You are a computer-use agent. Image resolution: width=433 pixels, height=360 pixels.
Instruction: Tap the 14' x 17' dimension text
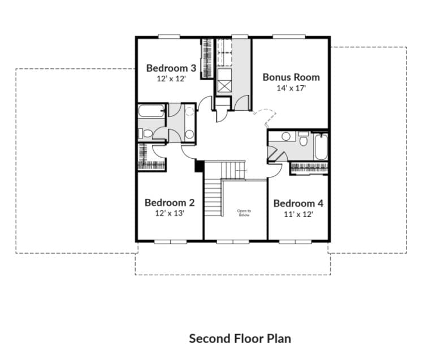click(x=291, y=88)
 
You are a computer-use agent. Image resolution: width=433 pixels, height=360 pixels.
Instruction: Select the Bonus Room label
click(x=291, y=77)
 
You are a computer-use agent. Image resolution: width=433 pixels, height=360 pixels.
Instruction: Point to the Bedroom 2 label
click(x=170, y=202)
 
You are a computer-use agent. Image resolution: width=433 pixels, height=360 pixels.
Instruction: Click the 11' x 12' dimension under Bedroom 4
click(x=298, y=214)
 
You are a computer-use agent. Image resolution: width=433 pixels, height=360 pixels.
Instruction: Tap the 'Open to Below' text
click(x=244, y=212)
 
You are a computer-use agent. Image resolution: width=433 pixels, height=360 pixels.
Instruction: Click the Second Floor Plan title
click(x=240, y=339)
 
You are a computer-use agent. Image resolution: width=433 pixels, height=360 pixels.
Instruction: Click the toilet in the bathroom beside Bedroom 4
click(x=304, y=138)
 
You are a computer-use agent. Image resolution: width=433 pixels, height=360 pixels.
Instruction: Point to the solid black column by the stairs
click(x=199, y=166)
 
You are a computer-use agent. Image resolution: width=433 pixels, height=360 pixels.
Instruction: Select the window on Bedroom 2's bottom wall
click(x=170, y=241)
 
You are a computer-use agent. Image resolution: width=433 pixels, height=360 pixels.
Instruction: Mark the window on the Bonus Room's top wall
click(x=289, y=37)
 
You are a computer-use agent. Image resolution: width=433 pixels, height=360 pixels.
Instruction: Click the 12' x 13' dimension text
click(x=170, y=214)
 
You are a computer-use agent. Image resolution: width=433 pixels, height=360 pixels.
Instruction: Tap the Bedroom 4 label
click(x=298, y=203)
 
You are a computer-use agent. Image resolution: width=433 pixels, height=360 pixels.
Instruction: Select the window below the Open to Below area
click(x=235, y=241)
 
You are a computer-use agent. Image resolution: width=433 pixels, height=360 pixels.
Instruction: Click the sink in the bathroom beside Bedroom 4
click(x=286, y=136)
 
